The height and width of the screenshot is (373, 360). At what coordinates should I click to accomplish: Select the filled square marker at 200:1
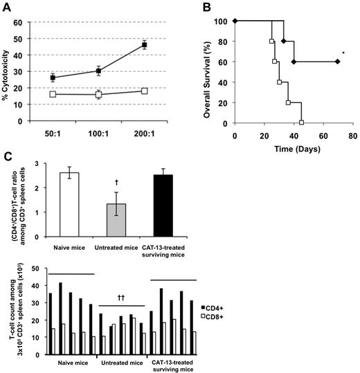[144, 45]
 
